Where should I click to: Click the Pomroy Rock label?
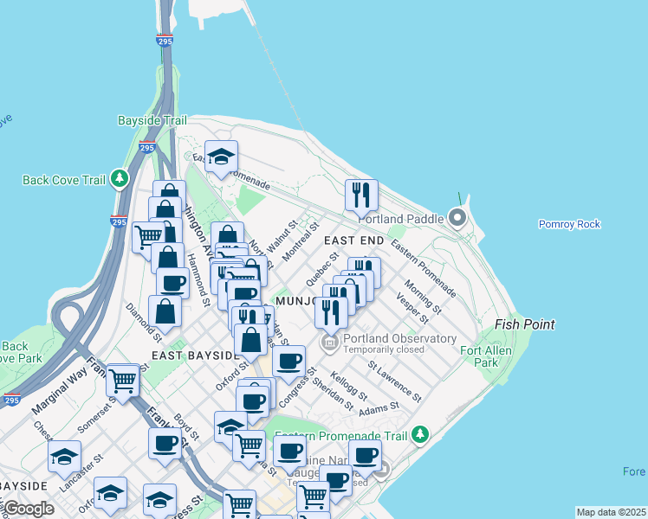pos(569,224)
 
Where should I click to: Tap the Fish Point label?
pos(524,324)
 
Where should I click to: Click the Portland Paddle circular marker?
pos(457,218)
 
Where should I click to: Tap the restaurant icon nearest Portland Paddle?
pos(361,195)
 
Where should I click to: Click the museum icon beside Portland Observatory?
pos(329,343)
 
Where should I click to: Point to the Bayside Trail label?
pos(152,121)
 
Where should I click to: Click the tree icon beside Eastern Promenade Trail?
pos(420,433)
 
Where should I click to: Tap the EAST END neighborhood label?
pos(353,240)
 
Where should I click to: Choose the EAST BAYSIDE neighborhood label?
pos(194,356)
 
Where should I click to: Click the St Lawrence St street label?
pos(394,381)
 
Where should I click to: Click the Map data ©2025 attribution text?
pos(611,512)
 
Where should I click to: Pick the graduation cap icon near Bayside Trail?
pos(221,157)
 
